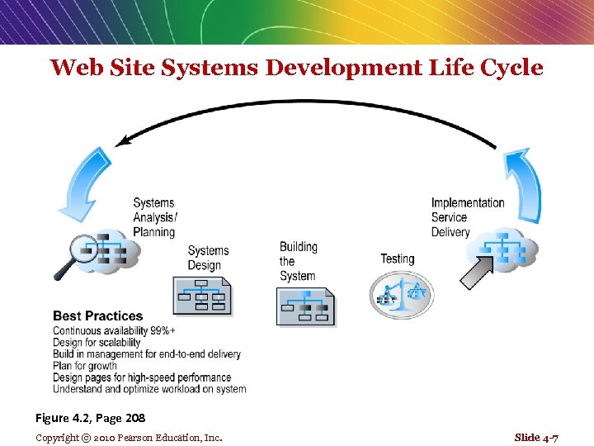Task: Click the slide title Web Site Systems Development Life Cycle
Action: (296, 68)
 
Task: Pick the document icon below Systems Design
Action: (202, 295)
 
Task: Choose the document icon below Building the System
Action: (305, 306)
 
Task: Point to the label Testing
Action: (397, 259)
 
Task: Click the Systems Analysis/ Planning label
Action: (155, 217)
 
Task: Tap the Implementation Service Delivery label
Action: (468, 217)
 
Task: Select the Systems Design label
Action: (208, 258)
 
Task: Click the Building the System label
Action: (298, 261)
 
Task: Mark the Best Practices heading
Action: (97, 316)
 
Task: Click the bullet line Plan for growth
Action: (85, 366)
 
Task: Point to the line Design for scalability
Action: (97, 342)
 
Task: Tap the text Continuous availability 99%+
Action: (114, 330)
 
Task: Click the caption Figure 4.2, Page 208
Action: (90, 419)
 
